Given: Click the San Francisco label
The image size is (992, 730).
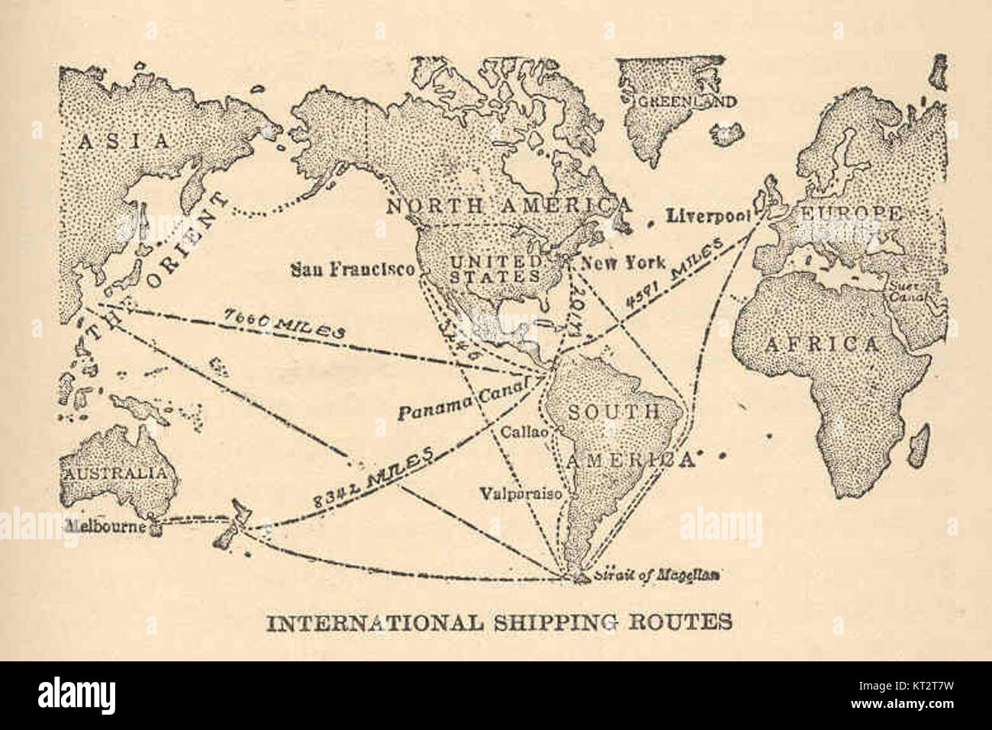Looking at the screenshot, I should click(353, 269).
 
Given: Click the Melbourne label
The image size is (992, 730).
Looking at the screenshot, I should click(106, 526).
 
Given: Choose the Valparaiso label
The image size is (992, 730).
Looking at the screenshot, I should click(521, 494).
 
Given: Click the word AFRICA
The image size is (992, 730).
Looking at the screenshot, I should click(820, 345).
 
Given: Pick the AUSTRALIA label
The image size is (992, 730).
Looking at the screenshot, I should click(114, 472).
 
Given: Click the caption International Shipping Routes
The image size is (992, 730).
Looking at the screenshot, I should click(498, 622).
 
